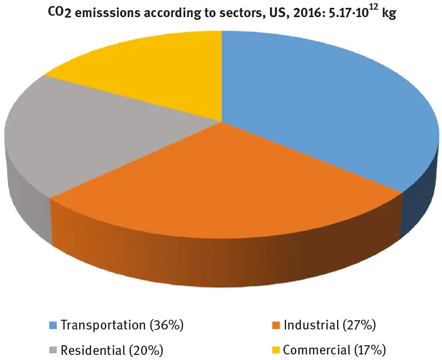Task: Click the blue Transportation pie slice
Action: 324,106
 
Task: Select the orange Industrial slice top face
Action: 222,180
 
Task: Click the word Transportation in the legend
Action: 103,325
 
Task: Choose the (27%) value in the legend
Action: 359,325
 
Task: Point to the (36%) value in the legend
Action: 167,325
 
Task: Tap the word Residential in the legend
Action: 91,349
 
